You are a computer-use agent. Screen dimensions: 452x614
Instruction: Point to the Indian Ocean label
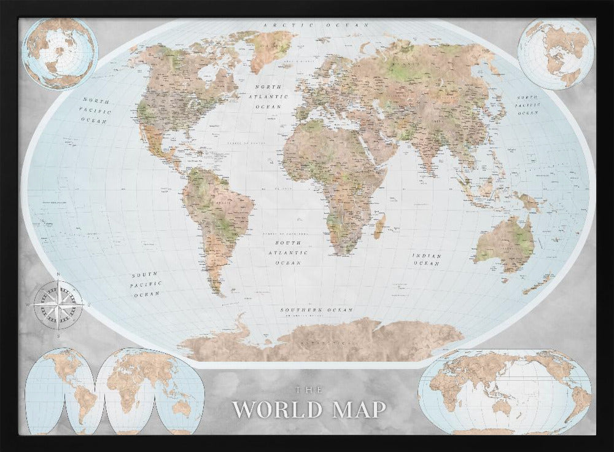tap(427, 259)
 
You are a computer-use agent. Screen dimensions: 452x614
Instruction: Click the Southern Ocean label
tap(317, 310)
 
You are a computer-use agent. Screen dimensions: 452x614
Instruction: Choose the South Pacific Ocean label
tap(146, 284)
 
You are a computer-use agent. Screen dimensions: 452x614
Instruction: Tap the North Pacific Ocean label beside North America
tap(96, 110)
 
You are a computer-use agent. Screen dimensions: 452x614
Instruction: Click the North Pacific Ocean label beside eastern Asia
tap(527, 106)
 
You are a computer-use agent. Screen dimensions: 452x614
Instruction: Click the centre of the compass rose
tap(58, 304)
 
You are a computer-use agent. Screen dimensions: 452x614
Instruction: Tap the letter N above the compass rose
tap(58, 274)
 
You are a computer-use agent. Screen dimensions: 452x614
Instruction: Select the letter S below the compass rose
tap(58, 335)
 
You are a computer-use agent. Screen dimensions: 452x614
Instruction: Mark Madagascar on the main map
tap(379, 227)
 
